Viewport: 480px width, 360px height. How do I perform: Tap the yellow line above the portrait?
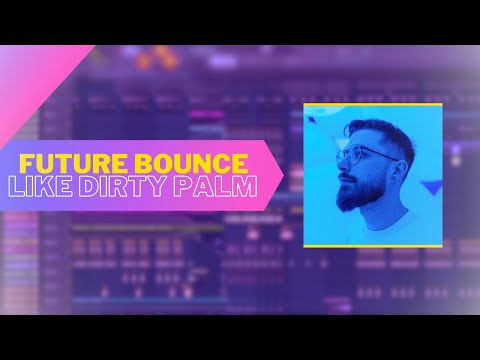tap(372, 104)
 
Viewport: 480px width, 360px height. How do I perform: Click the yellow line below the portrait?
tap(372, 245)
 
